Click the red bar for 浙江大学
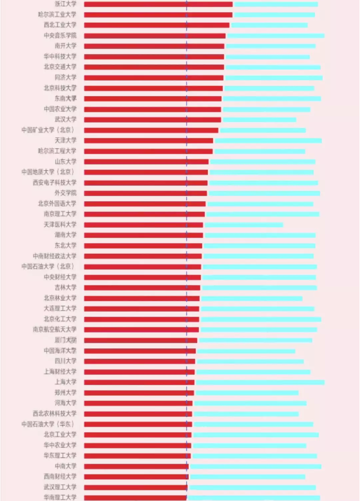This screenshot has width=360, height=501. (158, 4)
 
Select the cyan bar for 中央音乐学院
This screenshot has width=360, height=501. (275, 36)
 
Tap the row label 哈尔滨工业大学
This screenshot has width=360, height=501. (57, 14)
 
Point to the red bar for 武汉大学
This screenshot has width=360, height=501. (153, 119)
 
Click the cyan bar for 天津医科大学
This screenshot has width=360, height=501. (244, 224)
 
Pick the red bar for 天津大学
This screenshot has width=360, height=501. (148, 141)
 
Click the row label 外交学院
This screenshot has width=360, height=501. (65, 193)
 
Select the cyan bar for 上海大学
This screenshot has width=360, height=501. (260, 382)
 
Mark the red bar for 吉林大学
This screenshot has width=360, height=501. (142, 288)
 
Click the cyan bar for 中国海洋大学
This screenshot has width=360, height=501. (246, 351)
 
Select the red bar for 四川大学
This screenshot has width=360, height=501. (139, 361)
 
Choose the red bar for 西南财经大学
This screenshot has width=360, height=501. (136, 477)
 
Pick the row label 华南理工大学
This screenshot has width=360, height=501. (60, 497)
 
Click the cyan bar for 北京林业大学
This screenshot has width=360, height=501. (252, 298)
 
